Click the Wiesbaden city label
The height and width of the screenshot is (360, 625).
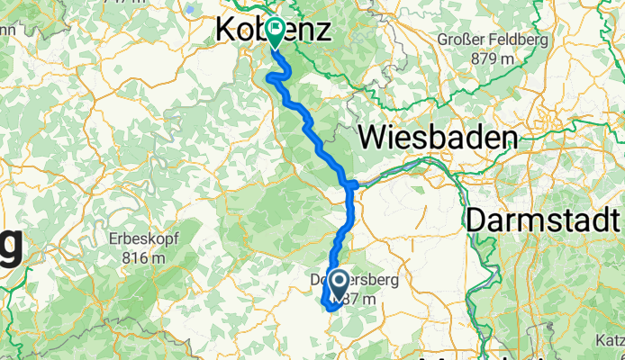pyautogui.click(x=439, y=137)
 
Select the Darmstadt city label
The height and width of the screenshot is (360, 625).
pyautogui.click(x=544, y=220)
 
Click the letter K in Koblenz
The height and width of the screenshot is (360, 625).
pyautogui.click(x=225, y=31)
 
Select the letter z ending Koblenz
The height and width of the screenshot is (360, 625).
pyautogui.click(x=322, y=31)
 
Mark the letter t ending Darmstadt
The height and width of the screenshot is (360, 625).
pyautogui.click(x=616, y=220)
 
